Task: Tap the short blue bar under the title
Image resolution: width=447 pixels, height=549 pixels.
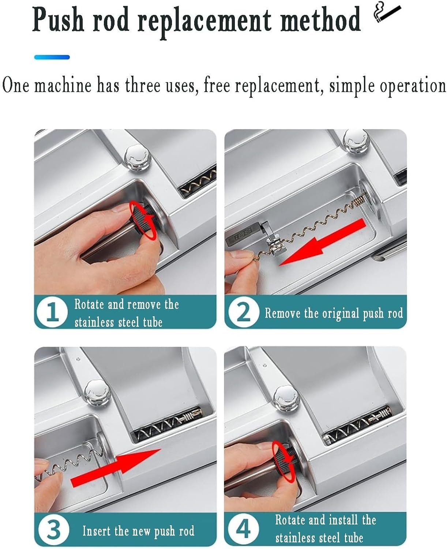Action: [52, 57]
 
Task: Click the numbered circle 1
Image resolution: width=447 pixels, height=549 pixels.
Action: [52, 312]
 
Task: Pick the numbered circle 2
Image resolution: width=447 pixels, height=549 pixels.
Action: [243, 312]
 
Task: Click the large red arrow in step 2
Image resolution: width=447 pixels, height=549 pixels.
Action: [323, 243]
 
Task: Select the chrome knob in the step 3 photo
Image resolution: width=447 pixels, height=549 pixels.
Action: [98, 392]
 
